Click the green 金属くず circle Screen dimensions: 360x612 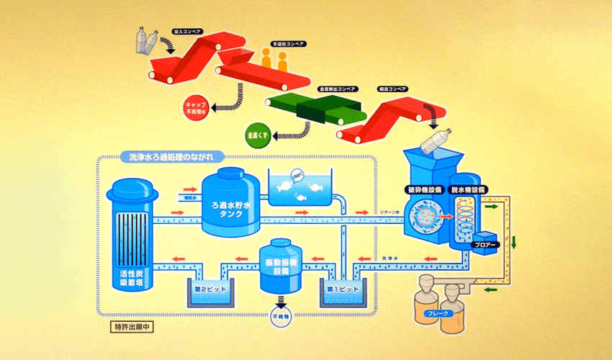258,135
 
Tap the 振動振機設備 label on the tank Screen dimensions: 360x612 284,262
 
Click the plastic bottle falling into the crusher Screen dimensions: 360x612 436,140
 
